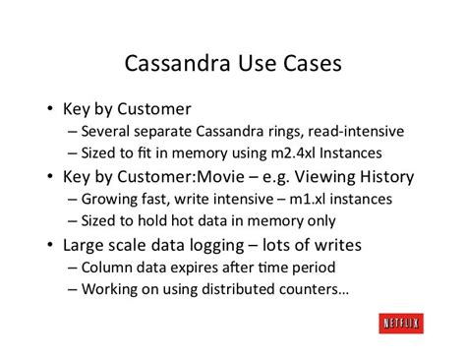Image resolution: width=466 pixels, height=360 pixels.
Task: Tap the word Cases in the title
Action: coord(309,63)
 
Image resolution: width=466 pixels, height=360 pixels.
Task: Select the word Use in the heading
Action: coord(257,63)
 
